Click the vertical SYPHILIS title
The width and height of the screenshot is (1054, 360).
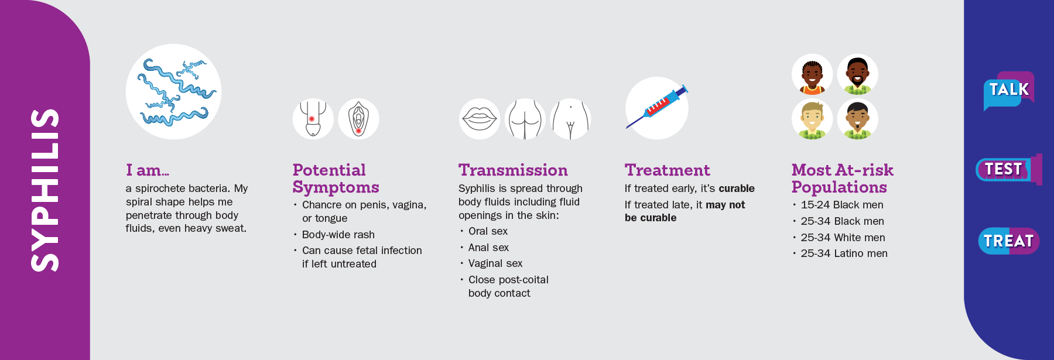[x=45, y=190]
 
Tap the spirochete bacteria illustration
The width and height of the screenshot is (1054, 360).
[x=173, y=92]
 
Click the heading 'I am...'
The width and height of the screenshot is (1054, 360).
[x=147, y=170]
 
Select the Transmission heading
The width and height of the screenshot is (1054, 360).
[x=513, y=170]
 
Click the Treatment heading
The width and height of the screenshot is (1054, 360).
[x=667, y=170]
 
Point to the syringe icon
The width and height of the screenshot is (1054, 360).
[x=657, y=108]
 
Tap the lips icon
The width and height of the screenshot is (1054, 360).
[x=480, y=119]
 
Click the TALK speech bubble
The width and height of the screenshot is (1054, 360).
[x=1008, y=90]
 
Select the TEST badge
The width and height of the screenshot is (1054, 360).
[x=1004, y=170]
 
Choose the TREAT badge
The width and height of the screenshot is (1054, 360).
[x=1008, y=241]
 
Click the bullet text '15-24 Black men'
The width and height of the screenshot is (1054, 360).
[x=842, y=205]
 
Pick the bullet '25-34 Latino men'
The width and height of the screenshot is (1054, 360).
[x=844, y=253]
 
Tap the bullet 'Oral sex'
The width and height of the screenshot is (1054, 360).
[x=488, y=231]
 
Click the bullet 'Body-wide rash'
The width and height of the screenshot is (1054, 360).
[x=338, y=235]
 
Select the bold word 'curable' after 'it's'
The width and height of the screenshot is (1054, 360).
[x=737, y=188]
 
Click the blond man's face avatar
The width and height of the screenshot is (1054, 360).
[x=812, y=119]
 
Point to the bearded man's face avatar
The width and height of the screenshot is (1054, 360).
[x=858, y=74]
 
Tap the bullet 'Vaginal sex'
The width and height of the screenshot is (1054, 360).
[x=495, y=263]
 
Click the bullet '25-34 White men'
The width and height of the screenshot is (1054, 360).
[x=843, y=238]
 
